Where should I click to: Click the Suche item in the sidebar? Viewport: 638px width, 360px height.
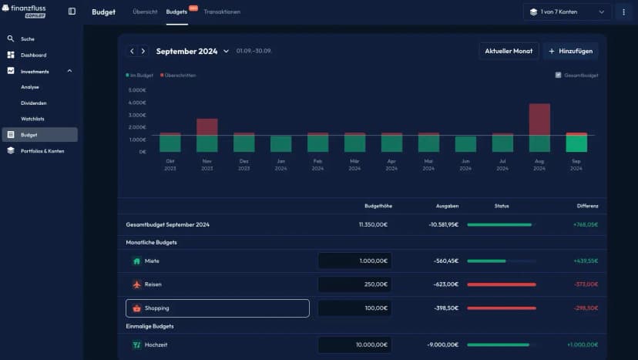point(28,39)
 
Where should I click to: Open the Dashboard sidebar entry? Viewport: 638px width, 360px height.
point(33,55)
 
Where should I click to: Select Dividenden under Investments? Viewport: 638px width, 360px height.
point(34,103)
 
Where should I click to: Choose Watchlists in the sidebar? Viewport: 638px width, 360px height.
point(32,119)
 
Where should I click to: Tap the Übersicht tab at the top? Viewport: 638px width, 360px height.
point(145,12)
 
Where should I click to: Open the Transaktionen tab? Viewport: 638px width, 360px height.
point(222,12)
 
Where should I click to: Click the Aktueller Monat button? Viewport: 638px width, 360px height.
point(509,51)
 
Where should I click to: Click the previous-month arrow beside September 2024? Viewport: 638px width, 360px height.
point(132,51)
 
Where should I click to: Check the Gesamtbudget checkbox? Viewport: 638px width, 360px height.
point(559,75)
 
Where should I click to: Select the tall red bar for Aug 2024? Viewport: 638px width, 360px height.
point(539,119)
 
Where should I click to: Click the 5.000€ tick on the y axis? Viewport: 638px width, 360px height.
point(137,90)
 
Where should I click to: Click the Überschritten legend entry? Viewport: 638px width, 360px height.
point(178,75)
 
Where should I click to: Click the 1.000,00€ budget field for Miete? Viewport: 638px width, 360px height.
point(354,261)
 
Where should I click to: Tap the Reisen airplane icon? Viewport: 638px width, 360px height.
point(137,284)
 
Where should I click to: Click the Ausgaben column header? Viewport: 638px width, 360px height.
point(446,206)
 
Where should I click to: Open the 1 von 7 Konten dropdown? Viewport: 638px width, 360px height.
point(567,12)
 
